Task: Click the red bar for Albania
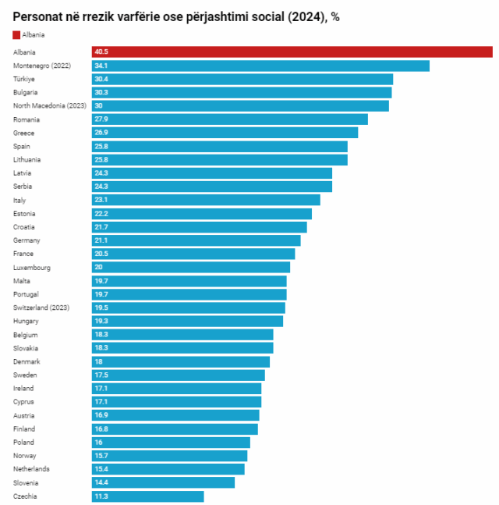tap(292, 52)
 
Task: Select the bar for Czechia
tap(148, 496)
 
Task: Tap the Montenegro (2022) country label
tap(42, 66)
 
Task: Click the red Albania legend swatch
tap(16, 35)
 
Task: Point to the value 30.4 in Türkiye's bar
tap(101, 79)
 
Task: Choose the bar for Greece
tap(225, 133)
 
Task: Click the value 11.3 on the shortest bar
tap(101, 496)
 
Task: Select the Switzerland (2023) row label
tap(41, 308)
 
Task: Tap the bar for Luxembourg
tap(191, 268)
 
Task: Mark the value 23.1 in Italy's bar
tap(101, 200)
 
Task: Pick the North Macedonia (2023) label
tap(49, 106)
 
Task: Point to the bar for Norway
tap(169, 456)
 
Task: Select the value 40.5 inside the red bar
tap(101, 52)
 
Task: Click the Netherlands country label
tap(31, 469)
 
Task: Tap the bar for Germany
tap(196, 240)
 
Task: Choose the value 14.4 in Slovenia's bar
tap(101, 483)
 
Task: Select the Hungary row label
tap(27, 321)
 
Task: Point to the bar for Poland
tap(171, 443)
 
